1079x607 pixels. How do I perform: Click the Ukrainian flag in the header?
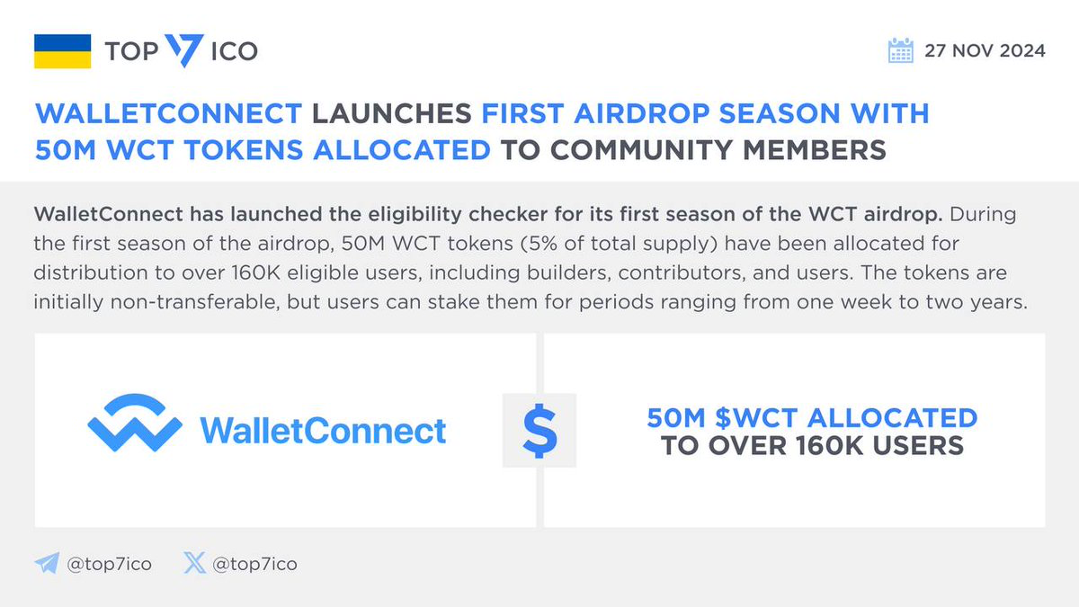pyautogui.click(x=63, y=51)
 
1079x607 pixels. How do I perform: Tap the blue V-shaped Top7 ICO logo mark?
pyautogui.click(x=184, y=50)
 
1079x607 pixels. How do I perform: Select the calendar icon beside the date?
pyautogui.click(x=900, y=50)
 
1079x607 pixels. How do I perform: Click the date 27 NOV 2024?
pyautogui.click(x=985, y=50)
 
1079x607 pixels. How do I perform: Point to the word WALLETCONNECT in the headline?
pyautogui.click(x=169, y=113)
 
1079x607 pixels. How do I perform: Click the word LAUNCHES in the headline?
pyautogui.click(x=392, y=113)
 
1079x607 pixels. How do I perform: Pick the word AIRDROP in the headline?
pyautogui.click(x=642, y=113)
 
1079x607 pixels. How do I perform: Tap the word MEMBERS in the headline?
pyautogui.click(x=815, y=150)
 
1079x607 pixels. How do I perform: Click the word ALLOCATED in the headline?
pyautogui.click(x=402, y=150)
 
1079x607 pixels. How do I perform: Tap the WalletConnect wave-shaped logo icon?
pyautogui.click(x=135, y=423)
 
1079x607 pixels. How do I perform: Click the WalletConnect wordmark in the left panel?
pyautogui.click(x=323, y=430)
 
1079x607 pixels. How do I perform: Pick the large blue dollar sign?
pyautogui.click(x=539, y=430)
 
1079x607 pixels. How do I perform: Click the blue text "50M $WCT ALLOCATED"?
pyautogui.click(x=812, y=417)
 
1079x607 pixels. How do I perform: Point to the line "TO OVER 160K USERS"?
pyautogui.click(x=812, y=446)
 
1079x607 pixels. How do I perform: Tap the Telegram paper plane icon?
pyautogui.click(x=47, y=563)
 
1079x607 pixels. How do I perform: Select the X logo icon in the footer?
pyautogui.click(x=194, y=563)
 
